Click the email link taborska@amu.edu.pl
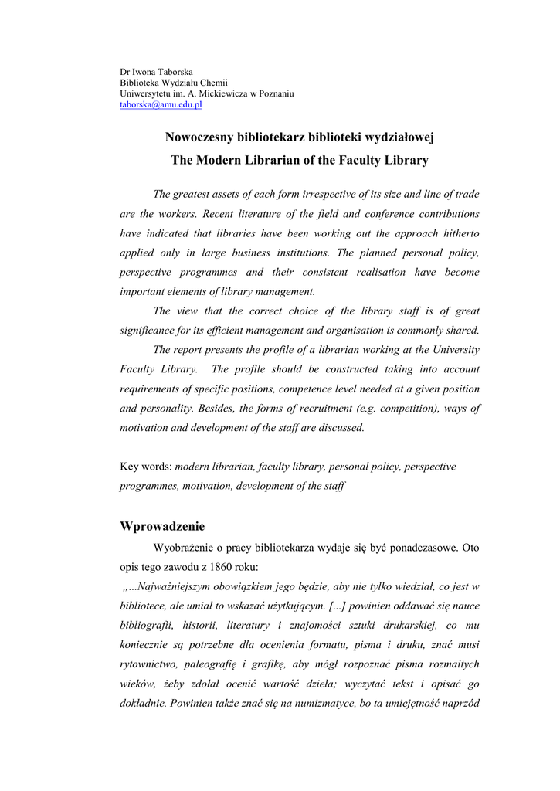161,104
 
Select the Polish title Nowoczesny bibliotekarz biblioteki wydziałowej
300,137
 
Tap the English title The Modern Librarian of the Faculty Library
300,161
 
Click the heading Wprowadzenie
162,527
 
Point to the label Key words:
146,467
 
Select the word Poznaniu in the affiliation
273,93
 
